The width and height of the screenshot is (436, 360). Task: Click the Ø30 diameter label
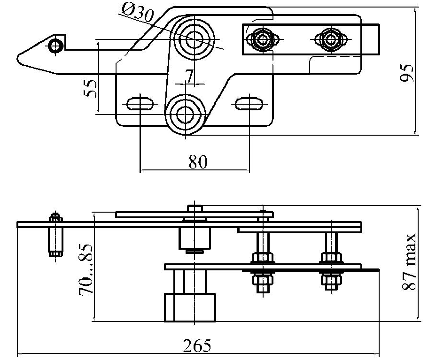[137, 13]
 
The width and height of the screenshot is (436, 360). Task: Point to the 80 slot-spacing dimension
[197, 162]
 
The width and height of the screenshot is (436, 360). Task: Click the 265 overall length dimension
[197, 346]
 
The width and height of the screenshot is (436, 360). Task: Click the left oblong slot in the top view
[139, 103]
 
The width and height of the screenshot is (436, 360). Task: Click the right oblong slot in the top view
[249, 103]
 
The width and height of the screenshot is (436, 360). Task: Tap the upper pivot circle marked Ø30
[192, 39]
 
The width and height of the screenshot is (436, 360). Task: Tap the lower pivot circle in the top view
[186, 115]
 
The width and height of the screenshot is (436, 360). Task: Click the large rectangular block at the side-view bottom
[190, 307]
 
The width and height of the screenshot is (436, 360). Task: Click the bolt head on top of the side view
[194, 208]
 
